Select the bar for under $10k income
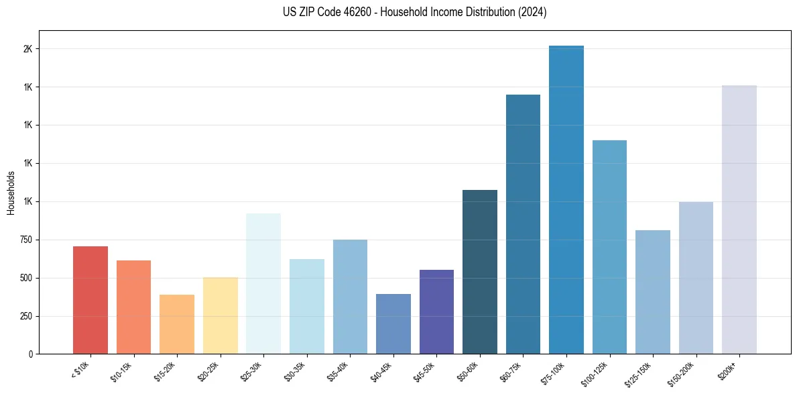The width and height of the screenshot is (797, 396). point(90,300)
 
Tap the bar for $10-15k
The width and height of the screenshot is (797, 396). point(133,307)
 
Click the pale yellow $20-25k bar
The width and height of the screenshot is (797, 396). point(221,315)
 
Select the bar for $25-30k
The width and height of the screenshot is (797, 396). point(263,283)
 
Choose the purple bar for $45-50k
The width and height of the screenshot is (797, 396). point(436,311)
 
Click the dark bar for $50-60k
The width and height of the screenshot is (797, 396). point(480,272)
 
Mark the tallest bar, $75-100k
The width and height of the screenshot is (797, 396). point(566,199)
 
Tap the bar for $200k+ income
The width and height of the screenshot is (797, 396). point(739,219)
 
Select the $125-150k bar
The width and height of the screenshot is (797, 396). point(653,292)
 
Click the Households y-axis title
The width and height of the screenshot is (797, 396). point(11,193)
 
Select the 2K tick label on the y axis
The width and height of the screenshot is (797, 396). point(27,49)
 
